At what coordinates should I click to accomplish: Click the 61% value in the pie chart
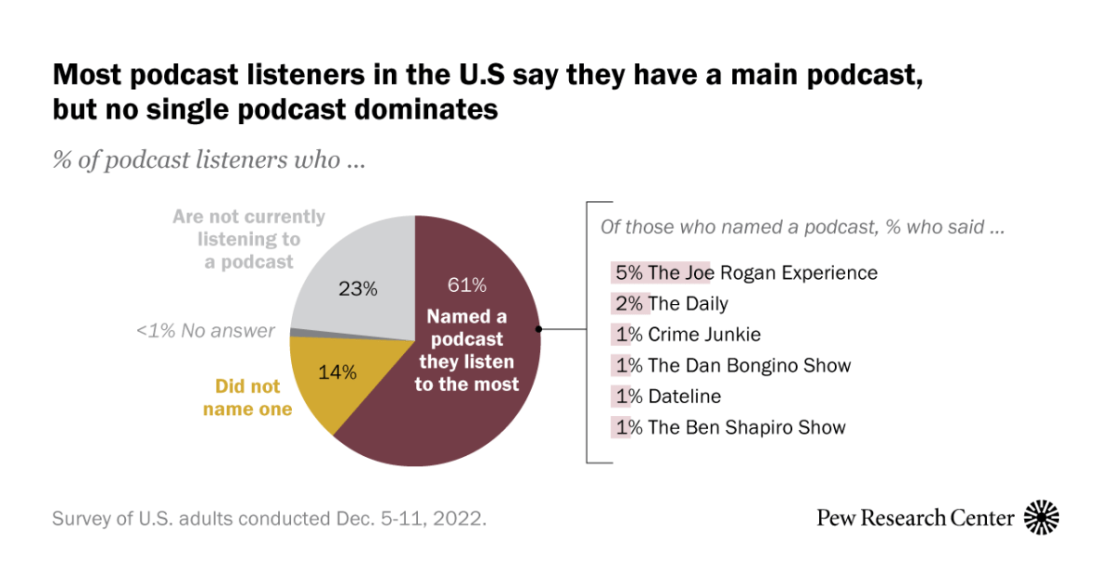[466, 285]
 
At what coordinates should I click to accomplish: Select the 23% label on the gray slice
[358, 288]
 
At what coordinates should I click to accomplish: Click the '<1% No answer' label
[206, 331]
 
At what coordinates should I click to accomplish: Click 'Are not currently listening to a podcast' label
[248, 239]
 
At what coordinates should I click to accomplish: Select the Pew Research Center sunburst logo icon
[1042, 517]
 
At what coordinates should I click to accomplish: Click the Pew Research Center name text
[915, 517]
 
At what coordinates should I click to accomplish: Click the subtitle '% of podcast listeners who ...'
[208, 159]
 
